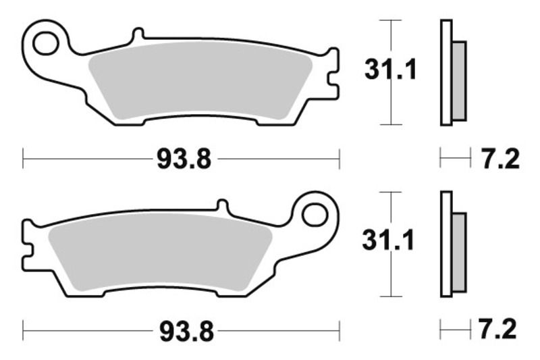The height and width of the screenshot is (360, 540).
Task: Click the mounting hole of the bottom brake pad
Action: pyautogui.click(x=315, y=215)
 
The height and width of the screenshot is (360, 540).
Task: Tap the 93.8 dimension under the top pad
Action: pyautogui.click(x=184, y=160)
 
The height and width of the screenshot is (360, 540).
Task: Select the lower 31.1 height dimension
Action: pyautogui.click(x=387, y=240)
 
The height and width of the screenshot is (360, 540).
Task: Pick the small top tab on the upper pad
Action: pyautogui.click(x=138, y=34)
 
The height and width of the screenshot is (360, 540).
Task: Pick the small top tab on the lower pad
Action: pyautogui.click(x=223, y=205)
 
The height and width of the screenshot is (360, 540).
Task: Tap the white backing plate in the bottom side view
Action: pyautogui.click(x=446, y=245)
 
